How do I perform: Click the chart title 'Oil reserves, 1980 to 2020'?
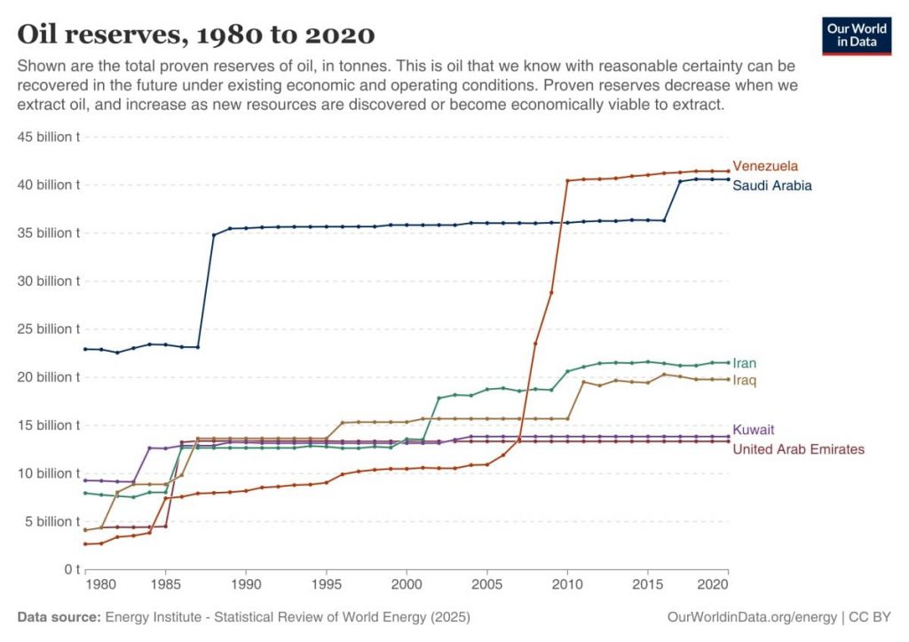196,35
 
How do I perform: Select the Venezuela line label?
764,166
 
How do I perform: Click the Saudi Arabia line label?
771,186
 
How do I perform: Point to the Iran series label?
744,363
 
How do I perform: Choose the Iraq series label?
744,380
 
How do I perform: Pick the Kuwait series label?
753,430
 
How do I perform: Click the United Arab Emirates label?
798,449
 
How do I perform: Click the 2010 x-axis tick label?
567,586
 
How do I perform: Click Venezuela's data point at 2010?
567,181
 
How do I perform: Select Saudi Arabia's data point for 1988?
213,235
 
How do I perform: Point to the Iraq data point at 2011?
583,382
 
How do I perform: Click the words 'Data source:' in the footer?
59,616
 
